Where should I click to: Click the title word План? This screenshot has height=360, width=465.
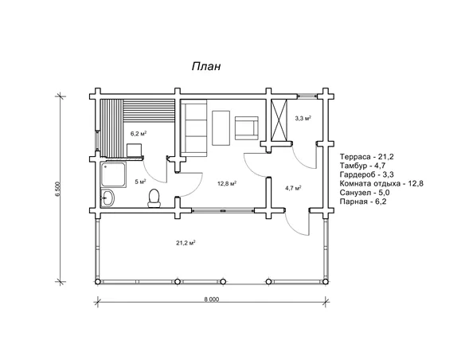pos(206,66)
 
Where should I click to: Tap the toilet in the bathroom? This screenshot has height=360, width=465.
pos(154,198)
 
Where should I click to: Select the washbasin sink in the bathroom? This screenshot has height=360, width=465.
pos(107,198)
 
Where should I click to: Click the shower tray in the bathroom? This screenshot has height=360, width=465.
pos(113,174)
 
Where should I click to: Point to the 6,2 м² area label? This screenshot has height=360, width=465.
pos(139,134)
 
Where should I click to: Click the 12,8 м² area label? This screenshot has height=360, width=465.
pos(227,183)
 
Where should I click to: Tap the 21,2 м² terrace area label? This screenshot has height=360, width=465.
pos(186,243)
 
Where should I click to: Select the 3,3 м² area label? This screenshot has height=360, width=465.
pos(303,119)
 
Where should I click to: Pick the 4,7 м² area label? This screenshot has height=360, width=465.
pos(293,188)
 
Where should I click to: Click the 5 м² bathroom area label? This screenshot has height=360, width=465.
pos(141,182)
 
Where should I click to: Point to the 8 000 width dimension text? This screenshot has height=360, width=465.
pos(212,299)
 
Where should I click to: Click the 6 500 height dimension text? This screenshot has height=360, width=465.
pos(58,189)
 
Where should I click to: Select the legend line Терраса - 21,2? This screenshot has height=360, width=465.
pos(367,157)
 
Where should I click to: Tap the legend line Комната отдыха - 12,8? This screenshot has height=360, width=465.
pos(381,183)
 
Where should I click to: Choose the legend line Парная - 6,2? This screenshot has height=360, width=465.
pos(363,202)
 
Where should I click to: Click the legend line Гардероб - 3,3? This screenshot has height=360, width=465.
pos(367,174)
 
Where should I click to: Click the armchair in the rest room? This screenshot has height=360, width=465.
pos(247,127)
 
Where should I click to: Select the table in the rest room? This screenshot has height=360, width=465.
pos(221,127)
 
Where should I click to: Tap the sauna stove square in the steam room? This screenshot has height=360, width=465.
pos(134,150)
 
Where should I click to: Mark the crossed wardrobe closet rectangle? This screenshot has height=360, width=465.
pos(279,120)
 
